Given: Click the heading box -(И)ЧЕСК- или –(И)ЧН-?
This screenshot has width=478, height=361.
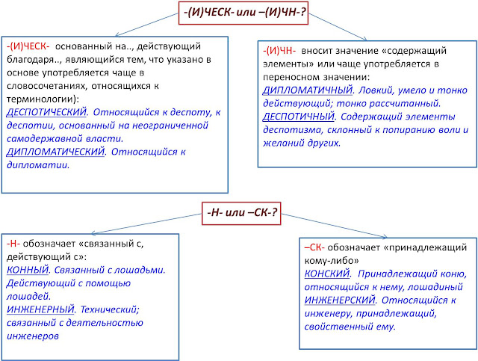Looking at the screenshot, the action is click(x=243, y=13).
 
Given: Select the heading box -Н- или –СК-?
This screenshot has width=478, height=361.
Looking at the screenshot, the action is click(x=241, y=213).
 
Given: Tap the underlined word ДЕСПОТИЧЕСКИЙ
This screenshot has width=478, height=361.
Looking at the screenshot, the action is click(x=46, y=112).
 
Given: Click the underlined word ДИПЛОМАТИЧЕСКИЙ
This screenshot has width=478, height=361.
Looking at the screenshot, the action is click(x=55, y=152).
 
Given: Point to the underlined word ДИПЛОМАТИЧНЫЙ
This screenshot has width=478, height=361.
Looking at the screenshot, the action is click(x=307, y=90).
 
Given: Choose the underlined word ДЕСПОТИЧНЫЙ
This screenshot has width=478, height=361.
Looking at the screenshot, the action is click(x=299, y=117).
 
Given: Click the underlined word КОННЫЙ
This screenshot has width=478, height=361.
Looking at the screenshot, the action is click(x=28, y=270).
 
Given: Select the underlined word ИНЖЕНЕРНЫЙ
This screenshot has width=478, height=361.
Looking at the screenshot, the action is click(x=40, y=309).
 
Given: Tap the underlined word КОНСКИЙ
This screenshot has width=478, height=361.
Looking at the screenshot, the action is click(x=327, y=274).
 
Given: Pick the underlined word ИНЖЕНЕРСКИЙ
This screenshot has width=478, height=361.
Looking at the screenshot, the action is click(x=340, y=300).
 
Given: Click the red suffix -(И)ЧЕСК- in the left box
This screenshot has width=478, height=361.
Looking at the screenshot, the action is click(x=28, y=46).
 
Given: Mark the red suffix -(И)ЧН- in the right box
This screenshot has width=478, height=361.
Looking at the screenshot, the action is click(x=279, y=51).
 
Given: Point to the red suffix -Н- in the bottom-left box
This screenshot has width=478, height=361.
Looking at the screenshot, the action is click(x=13, y=244).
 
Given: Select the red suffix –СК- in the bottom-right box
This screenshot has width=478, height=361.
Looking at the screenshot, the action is click(x=314, y=247).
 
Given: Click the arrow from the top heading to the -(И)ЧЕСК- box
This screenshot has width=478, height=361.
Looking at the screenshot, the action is click(x=147, y=25).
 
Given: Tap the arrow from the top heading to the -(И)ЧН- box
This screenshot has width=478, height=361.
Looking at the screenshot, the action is click(x=338, y=27).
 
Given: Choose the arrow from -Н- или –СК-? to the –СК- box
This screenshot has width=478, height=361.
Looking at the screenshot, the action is click(x=334, y=226).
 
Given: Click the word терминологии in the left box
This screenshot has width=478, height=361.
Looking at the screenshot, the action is click(x=39, y=99).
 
